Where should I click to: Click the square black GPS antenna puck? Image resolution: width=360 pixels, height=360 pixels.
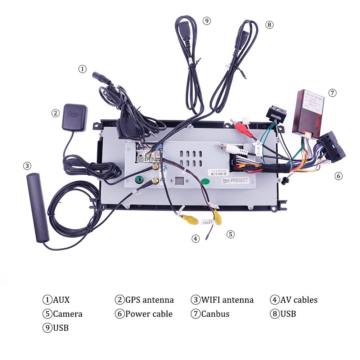[75, 117]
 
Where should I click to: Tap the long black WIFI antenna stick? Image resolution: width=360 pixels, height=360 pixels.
[38, 207]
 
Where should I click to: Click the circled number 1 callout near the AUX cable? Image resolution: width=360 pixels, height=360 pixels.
[83, 69]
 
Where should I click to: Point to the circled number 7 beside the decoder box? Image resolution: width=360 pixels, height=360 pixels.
[332, 93]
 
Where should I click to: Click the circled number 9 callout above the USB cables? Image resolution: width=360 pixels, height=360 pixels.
[206, 21]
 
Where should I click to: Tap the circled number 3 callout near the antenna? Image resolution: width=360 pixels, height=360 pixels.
[27, 166]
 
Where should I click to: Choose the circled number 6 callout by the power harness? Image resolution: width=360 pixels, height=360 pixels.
[338, 176]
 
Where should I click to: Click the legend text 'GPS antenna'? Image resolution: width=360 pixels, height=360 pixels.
[149, 300]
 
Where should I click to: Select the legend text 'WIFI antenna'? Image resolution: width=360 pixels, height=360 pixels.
[227, 300]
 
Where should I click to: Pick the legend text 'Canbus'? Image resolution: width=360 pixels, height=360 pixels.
[215, 314]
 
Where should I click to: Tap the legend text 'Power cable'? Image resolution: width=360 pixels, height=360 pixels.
[149, 314]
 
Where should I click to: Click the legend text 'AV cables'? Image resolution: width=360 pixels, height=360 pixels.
[299, 300]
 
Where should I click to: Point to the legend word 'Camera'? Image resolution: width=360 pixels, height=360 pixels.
[68, 314]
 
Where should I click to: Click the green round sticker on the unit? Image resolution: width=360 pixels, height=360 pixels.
[205, 181]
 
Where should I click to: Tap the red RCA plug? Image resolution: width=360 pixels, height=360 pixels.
[238, 126]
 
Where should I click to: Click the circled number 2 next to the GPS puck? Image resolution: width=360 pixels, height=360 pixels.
[55, 113]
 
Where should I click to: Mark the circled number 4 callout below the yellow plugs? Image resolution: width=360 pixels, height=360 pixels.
[195, 238]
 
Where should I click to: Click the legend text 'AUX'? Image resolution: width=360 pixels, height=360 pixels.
[61, 300]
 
